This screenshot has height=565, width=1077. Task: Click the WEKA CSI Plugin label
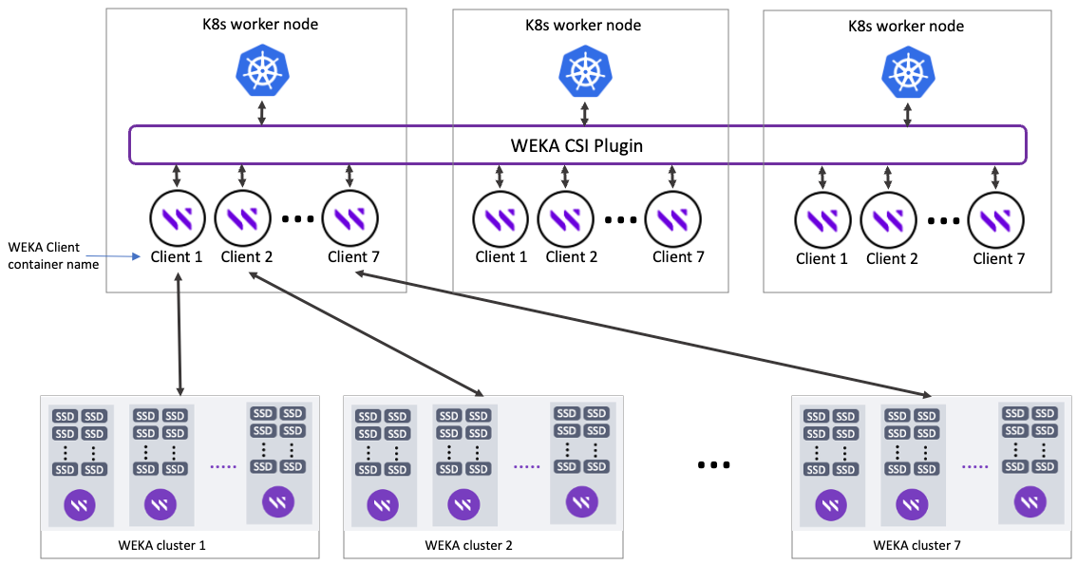click(577, 145)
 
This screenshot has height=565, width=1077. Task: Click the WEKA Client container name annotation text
click(44, 255)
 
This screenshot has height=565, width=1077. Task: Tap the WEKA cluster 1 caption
click(161, 545)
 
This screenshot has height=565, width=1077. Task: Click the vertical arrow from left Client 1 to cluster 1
click(179, 332)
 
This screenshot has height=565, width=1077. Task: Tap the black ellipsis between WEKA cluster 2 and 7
click(713, 465)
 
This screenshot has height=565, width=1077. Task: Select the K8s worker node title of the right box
click(905, 26)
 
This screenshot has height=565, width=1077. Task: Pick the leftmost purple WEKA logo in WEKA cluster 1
click(80, 504)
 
